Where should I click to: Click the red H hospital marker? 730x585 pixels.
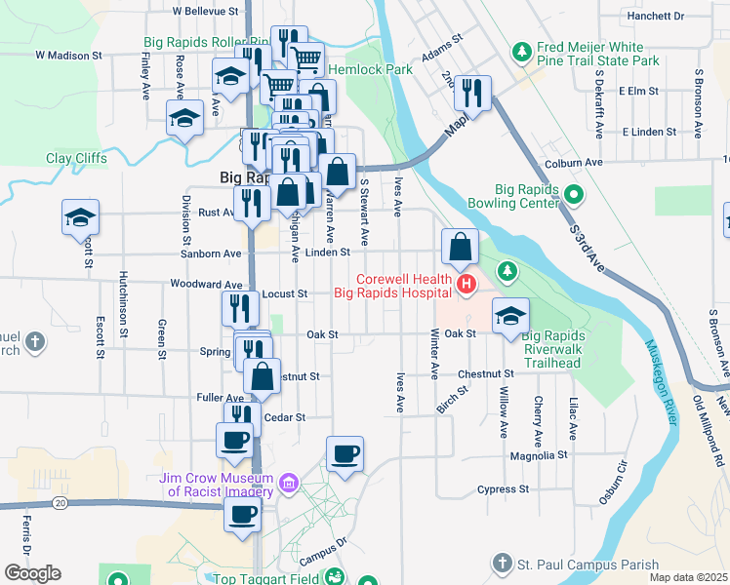click(x=466, y=285)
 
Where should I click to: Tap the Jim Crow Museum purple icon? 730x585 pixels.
click(x=287, y=483)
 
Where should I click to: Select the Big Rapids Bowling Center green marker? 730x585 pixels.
click(x=574, y=195)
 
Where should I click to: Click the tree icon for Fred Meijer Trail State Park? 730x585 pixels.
click(x=522, y=50)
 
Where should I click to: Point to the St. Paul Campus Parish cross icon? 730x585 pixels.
click(x=501, y=564)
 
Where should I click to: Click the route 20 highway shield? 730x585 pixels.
click(x=61, y=502)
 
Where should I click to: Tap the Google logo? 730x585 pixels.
click(x=32, y=573)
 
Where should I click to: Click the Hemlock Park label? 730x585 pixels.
click(x=372, y=70)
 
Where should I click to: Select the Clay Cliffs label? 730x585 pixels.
click(x=75, y=158)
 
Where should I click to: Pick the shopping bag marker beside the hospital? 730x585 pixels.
click(x=460, y=248)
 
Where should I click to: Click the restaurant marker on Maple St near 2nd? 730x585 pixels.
click(x=471, y=95)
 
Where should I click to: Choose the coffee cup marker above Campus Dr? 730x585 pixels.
click(x=345, y=453)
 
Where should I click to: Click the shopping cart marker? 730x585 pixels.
click(x=306, y=59)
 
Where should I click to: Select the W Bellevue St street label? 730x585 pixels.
click(x=205, y=12)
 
